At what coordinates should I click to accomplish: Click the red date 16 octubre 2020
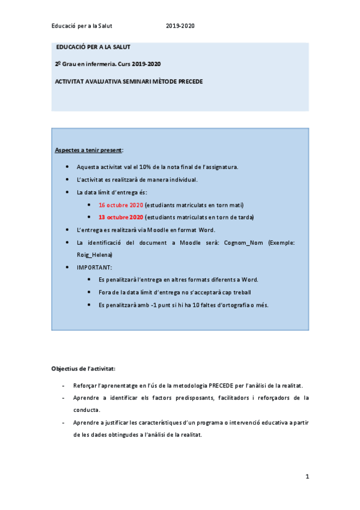[121, 205]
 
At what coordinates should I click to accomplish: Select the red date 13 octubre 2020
[121, 217]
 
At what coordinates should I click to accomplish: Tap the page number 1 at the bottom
[307, 477]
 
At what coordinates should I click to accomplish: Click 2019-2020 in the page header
[180, 26]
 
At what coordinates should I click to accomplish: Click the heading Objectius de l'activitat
[84, 367]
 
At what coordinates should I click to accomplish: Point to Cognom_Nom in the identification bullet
[245, 242]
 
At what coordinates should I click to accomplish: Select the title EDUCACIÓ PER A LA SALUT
[93, 47]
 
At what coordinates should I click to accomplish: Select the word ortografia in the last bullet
[234, 305]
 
